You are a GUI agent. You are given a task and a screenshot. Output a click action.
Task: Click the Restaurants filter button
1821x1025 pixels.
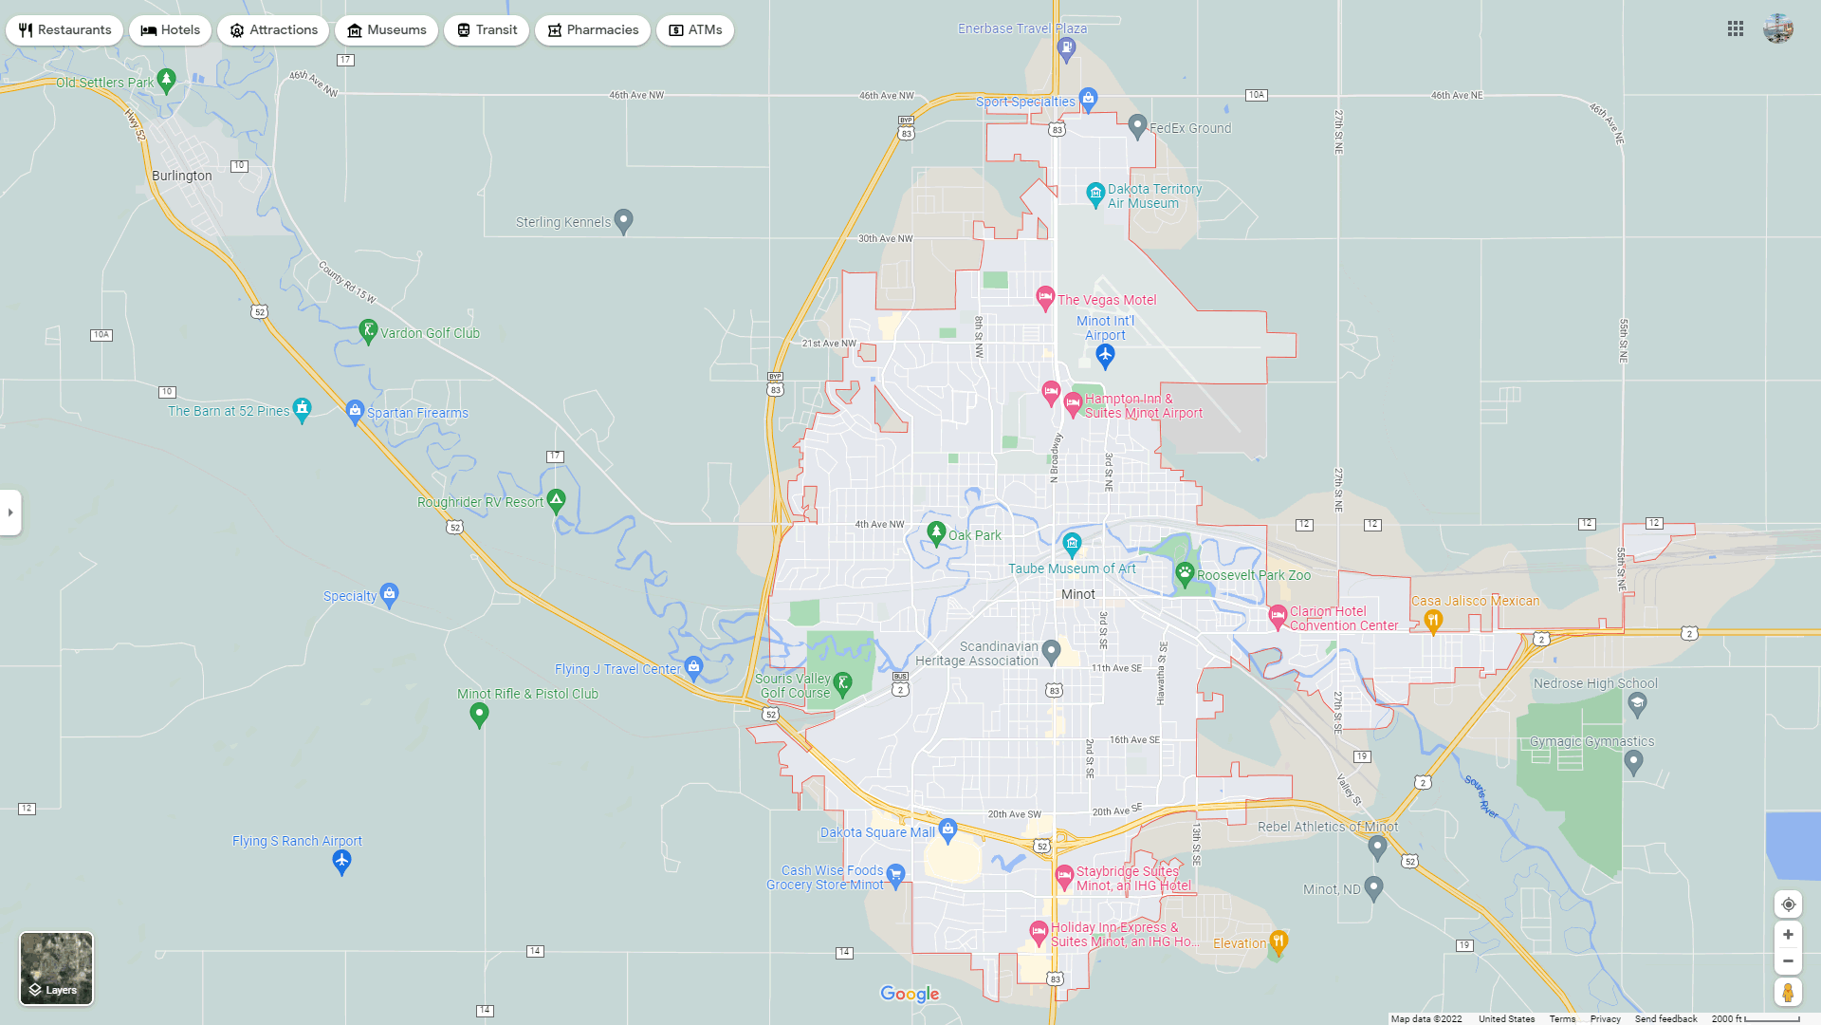(64, 30)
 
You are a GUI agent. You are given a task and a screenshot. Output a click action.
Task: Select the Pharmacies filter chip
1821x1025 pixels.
(592, 30)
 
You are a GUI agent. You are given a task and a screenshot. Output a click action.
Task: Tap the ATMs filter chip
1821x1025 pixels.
(694, 30)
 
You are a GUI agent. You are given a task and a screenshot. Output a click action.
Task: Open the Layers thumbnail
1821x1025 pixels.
(57, 968)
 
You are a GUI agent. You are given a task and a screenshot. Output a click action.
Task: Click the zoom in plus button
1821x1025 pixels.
(1788, 935)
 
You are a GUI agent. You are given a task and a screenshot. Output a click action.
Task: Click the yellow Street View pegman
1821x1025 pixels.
(1788, 993)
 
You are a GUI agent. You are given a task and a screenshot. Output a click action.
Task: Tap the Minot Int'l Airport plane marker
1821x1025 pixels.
(1105, 356)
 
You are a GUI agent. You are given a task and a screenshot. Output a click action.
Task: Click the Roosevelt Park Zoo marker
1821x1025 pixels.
(1185, 572)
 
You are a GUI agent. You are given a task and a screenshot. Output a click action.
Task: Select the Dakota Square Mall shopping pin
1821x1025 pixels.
(947, 830)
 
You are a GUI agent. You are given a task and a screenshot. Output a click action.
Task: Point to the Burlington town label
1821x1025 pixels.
(182, 176)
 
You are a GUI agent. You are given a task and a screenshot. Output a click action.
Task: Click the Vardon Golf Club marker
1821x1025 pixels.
(369, 330)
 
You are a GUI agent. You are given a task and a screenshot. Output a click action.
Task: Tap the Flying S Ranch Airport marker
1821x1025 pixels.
(342, 861)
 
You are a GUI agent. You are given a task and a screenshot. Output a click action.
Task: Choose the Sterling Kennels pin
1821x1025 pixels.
(623, 220)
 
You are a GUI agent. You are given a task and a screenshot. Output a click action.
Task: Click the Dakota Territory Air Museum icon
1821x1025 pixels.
(1095, 194)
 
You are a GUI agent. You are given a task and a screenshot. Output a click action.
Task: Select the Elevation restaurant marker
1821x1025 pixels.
(1278, 941)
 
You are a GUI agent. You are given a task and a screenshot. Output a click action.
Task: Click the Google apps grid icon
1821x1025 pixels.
(1736, 29)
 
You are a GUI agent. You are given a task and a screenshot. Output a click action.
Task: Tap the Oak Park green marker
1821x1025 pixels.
(936, 532)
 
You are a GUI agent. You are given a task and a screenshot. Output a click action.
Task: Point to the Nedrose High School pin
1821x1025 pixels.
(1637, 703)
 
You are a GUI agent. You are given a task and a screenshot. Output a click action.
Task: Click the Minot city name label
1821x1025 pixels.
(1078, 594)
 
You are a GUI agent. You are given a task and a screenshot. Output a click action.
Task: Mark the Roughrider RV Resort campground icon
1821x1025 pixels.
(557, 499)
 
